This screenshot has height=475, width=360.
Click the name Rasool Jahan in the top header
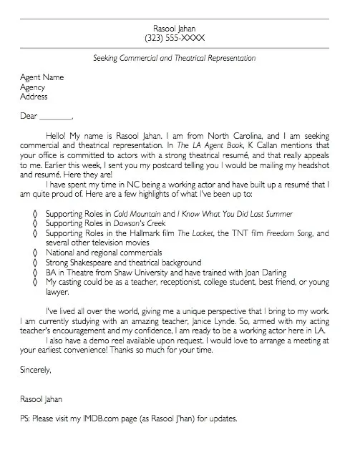click(175, 26)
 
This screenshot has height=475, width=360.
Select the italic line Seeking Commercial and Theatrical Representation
click(175, 58)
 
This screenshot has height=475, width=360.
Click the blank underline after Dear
click(56, 116)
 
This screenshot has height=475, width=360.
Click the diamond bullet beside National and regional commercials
click(34, 253)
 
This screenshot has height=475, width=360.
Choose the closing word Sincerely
click(37, 370)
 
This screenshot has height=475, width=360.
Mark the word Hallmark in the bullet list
click(150, 233)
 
